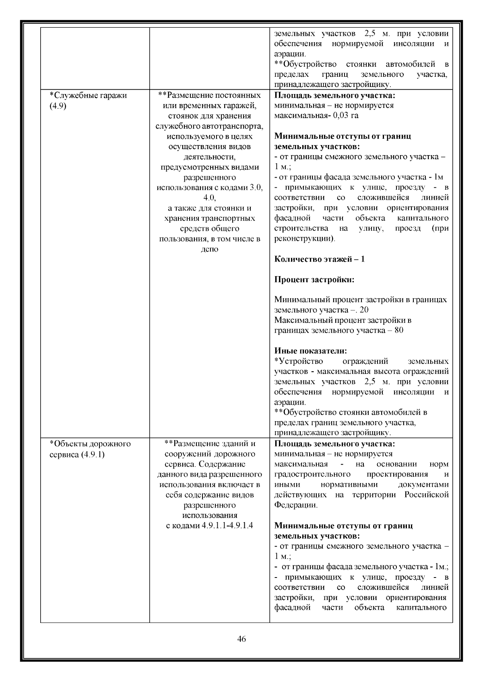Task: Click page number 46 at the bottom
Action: point(242,639)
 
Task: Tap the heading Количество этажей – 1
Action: point(319,259)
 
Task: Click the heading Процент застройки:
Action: point(314,279)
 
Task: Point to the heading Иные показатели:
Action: point(310,351)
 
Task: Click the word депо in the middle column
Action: point(209,249)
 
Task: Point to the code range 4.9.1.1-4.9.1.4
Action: point(227,526)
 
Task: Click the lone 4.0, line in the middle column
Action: point(209,198)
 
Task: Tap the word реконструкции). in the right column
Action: point(304,239)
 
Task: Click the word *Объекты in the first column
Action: point(68,444)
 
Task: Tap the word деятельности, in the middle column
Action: point(209,157)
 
